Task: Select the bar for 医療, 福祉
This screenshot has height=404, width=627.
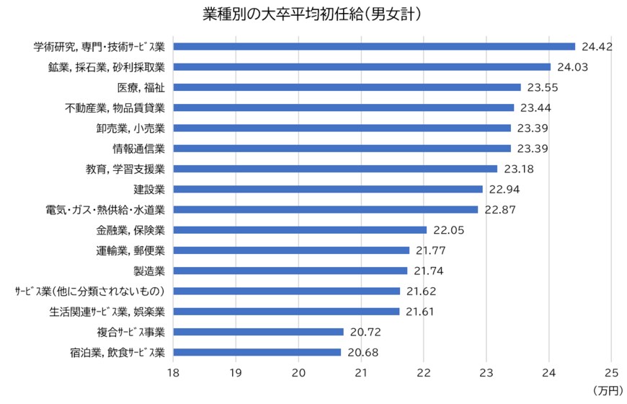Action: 347,87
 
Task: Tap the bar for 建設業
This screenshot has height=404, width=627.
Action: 328,189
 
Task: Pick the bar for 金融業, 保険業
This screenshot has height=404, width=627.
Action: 300,230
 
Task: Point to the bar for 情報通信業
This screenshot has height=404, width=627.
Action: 342,149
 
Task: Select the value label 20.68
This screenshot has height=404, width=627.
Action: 363,353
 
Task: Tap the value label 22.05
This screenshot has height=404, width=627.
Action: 448,230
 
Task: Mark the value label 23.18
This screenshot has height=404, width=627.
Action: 519,169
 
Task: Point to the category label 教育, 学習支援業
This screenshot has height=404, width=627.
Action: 125,169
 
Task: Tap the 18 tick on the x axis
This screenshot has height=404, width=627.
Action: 173,373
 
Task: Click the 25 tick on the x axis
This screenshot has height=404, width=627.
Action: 611,373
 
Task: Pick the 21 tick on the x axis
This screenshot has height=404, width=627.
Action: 360,373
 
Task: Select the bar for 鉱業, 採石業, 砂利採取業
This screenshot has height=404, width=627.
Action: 362,67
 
